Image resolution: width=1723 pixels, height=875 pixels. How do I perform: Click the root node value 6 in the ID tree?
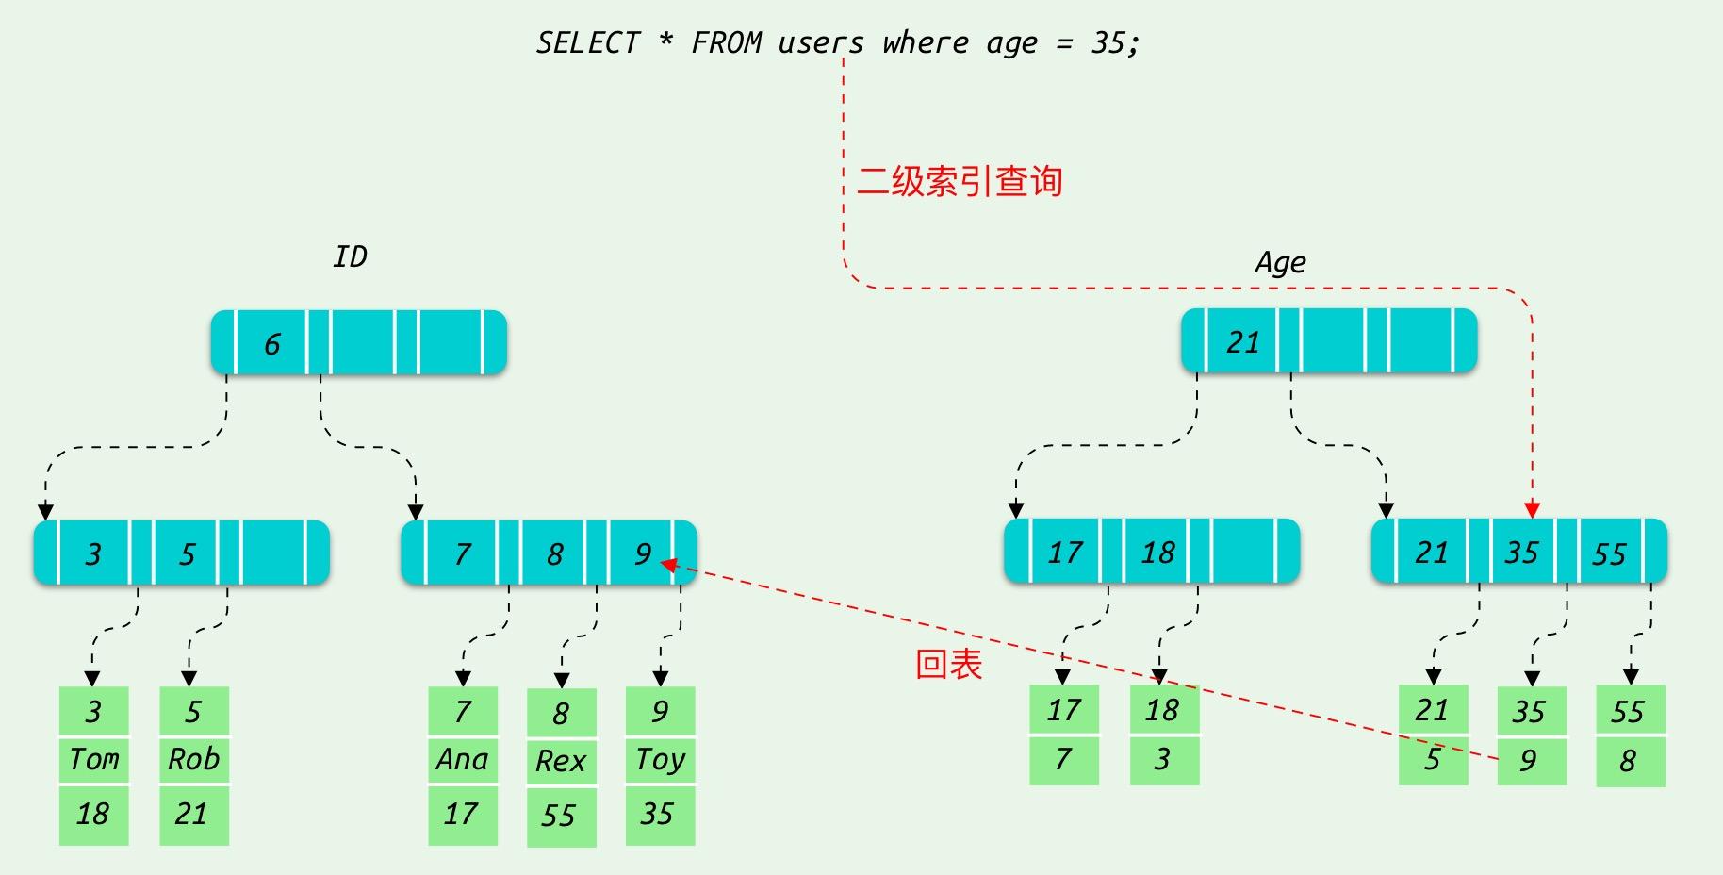click(272, 344)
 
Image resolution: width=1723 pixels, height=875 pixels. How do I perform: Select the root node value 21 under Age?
click(1242, 342)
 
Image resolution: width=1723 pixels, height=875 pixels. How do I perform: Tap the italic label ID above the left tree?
click(350, 256)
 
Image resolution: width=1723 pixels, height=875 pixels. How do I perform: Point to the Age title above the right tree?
click(1280, 262)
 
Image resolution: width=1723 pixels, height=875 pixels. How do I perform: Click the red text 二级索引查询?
click(960, 181)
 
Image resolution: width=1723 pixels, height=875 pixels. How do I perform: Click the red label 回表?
click(949, 665)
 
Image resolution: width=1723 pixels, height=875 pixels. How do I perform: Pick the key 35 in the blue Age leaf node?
click(1521, 552)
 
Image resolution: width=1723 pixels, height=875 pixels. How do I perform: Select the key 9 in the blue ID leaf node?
click(642, 553)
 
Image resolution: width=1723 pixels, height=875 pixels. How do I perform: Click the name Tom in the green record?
click(94, 759)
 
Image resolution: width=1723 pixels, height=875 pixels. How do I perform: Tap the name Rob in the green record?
click(193, 759)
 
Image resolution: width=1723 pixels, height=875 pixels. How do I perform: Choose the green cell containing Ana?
click(462, 759)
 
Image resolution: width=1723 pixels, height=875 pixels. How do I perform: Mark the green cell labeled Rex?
click(561, 761)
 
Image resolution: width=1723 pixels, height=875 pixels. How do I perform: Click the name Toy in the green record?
click(660, 759)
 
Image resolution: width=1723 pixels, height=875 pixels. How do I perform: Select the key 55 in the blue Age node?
click(1609, 553)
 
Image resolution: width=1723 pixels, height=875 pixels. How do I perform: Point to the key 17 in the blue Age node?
click(1065, 552)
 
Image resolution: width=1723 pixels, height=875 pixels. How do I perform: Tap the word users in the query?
click(820, 43)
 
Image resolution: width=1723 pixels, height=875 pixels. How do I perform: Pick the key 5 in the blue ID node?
click(188, 553)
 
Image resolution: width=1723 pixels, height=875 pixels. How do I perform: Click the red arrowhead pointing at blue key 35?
click(1532, 510)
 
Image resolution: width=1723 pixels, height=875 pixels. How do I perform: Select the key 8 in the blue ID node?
click(555, 553)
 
